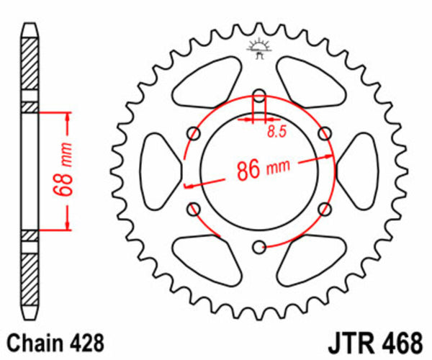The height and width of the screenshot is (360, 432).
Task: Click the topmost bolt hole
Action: point(259,94)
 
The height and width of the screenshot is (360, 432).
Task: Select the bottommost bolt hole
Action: point(259,248)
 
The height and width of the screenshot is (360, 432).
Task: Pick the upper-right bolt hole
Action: point(325,133)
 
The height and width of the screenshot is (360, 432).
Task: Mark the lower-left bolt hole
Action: point(193,209)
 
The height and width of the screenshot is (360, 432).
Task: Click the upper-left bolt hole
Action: point(193,133)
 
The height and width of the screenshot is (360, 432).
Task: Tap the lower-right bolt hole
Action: point(325,209)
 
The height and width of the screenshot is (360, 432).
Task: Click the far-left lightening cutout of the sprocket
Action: point(158,171)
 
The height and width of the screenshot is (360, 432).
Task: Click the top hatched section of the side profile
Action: point(28,66)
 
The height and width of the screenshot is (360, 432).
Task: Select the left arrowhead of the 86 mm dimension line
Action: point(189,186)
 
